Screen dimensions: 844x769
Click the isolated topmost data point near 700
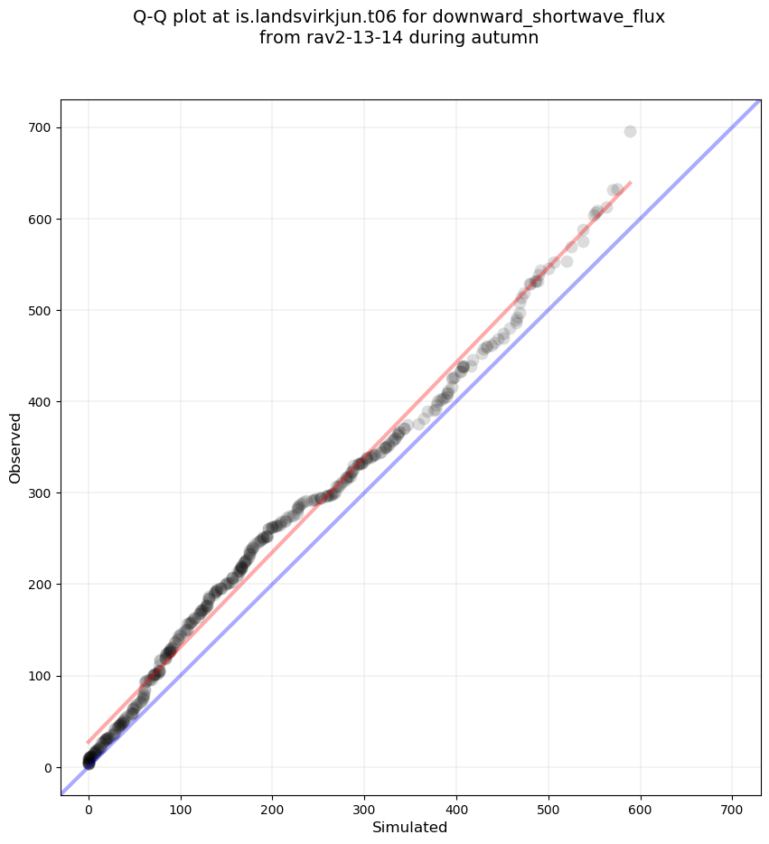pos(630,131)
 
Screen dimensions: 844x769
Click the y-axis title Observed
pos(15,447)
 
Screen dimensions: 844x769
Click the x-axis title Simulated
pos(410,827)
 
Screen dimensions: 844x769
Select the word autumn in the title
pos(509,38)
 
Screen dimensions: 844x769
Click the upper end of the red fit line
pos(630,183)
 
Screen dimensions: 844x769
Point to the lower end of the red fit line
pos(89,742)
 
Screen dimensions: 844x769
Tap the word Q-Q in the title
pos(152,17)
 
